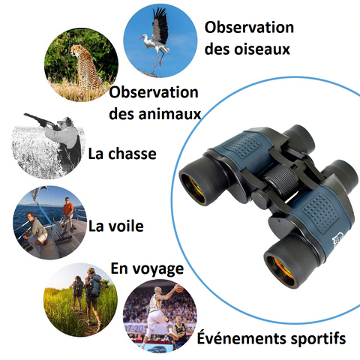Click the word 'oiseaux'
(x=262, y=49)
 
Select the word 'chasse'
(x=132, y=154)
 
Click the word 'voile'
(x=126, y=226)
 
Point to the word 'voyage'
(x=158, y=269)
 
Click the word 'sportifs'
(x=318, y=339)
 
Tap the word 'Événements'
(x=241, y=337)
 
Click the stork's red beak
(x=142, y=37)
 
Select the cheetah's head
(x=76, y=50)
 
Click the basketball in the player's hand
(x=179, y=289)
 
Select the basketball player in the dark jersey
(x=181, y=331)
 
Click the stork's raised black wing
(x=160, y=25)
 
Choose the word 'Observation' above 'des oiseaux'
(x=249, y=27)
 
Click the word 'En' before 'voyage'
(x=119, y=268)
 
